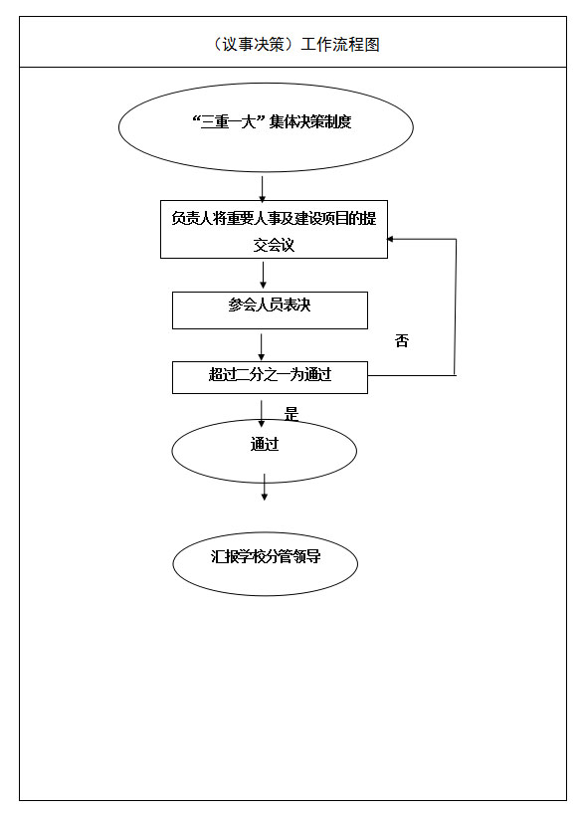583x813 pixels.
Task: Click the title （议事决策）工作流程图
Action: [x=295, y=44]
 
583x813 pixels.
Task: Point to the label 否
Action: [x=402, y=340]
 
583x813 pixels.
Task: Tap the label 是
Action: [x=291, y=414]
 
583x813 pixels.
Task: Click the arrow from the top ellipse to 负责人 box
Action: [x=263, y=189]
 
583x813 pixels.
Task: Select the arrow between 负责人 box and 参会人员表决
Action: [x=264, y=276]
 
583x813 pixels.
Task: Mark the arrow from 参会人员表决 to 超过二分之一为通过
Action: [x=262, y=347]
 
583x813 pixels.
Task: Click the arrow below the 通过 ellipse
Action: [x=265, y=487]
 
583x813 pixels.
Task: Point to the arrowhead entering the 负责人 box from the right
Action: [x=391, y=239]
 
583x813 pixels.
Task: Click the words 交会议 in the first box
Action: [x=274, y=245]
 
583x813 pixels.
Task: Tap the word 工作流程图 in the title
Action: [x=340, y=44]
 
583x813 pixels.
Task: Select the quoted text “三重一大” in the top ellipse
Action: [x=229, y=121]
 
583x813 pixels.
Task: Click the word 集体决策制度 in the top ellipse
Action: [x=310, y=121]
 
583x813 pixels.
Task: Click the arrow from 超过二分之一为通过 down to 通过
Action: [x=262, y=414]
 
